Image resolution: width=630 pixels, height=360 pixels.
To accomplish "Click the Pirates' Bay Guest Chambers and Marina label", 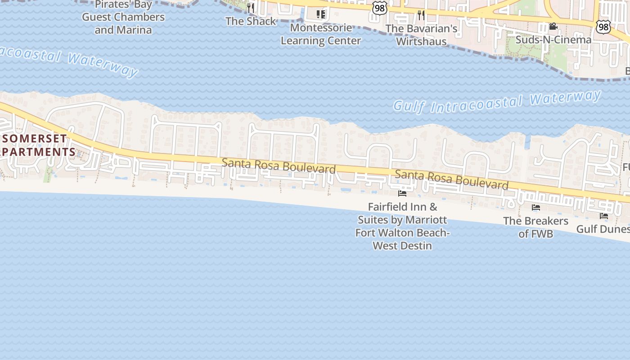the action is pyautogui.click(x=123, y=18).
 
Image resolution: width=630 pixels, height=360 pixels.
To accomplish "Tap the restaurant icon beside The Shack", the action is pyautogui.click(x=251, y=8).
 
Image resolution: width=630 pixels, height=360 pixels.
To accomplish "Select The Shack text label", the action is pyautogui.click(x=251, y=21).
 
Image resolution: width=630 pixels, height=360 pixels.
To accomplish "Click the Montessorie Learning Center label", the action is pyautogui.click(x=321, y=34).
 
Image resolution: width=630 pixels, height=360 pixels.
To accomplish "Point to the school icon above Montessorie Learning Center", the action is pyautogui.click(x=320, y=14).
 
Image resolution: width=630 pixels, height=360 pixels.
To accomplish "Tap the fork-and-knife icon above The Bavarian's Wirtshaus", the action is pyautogui.click(x=421, y=15).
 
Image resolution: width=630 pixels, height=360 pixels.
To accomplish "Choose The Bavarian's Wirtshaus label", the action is pyautogui.click(x=421, y=35).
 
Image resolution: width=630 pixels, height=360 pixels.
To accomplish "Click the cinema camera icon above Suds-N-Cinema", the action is pyautogui.click(x=553, y=27).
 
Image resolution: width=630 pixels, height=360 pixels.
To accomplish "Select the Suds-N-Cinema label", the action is pyautogui.click(x=553, y=40).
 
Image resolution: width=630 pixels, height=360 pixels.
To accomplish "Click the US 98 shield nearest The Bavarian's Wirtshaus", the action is pyautogui.click(x=380, y=8).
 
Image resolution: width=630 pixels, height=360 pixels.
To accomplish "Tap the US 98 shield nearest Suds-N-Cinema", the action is pyautogui.click(x=603, y=27).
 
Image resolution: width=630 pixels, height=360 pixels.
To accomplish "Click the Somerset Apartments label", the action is pyautogui.click(x=37, y=145).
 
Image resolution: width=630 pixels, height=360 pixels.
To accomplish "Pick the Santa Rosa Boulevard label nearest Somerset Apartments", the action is pyautogui.click(x=279, y=166).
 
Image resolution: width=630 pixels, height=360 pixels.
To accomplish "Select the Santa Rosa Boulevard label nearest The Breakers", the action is pyautogui.click(x=451, y=180).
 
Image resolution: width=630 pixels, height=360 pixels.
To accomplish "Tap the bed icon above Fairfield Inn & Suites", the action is pyautogui.click(x=402, y=193).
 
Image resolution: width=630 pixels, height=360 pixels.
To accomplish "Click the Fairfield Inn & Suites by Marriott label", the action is pyautogui.click(x=402, y=226).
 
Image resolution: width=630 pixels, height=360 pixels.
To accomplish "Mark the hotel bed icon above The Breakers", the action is pyautogui.click(x=535, y=207).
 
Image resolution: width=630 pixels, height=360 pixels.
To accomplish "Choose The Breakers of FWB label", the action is pyautogui.click(x=535, y=227).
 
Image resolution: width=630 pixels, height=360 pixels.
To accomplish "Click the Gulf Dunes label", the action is pyautogui.click(x=603, y=229).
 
